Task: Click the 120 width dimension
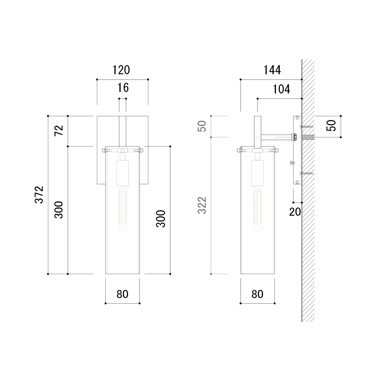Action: (x=121, y=70)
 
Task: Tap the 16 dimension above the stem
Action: (x=123, y=88)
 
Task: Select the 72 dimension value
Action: (x=59, y=130)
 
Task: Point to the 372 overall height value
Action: (x=39, y=195)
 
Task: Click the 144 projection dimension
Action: (x=272, y=70)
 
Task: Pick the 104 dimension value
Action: (x=281, y=89)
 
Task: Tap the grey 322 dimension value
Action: (x=202, y=205)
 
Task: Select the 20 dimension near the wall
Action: (x=295, y=212)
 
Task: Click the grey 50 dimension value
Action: (x=202, y=126)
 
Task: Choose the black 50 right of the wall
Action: (x=332, y=125)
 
